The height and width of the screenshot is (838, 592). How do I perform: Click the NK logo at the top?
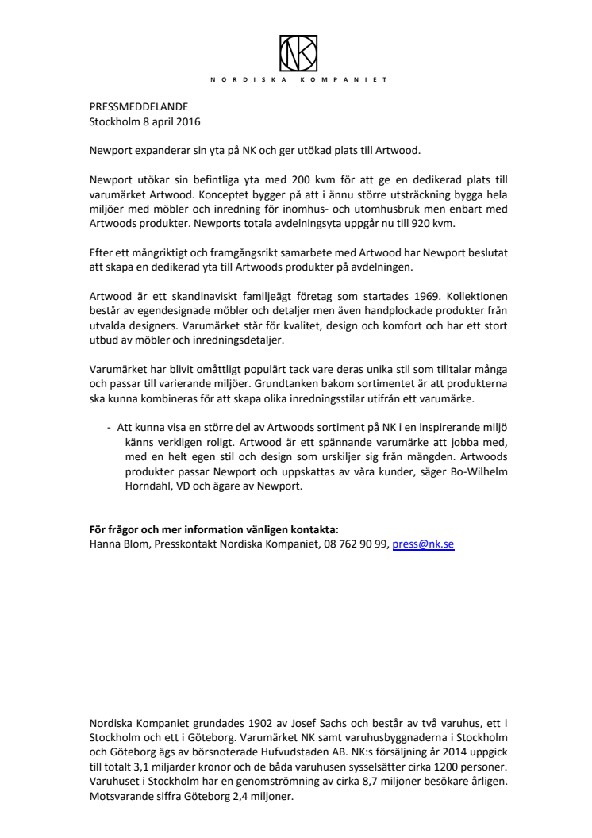(298, 52)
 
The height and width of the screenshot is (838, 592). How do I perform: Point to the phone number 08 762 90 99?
(354, 545)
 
